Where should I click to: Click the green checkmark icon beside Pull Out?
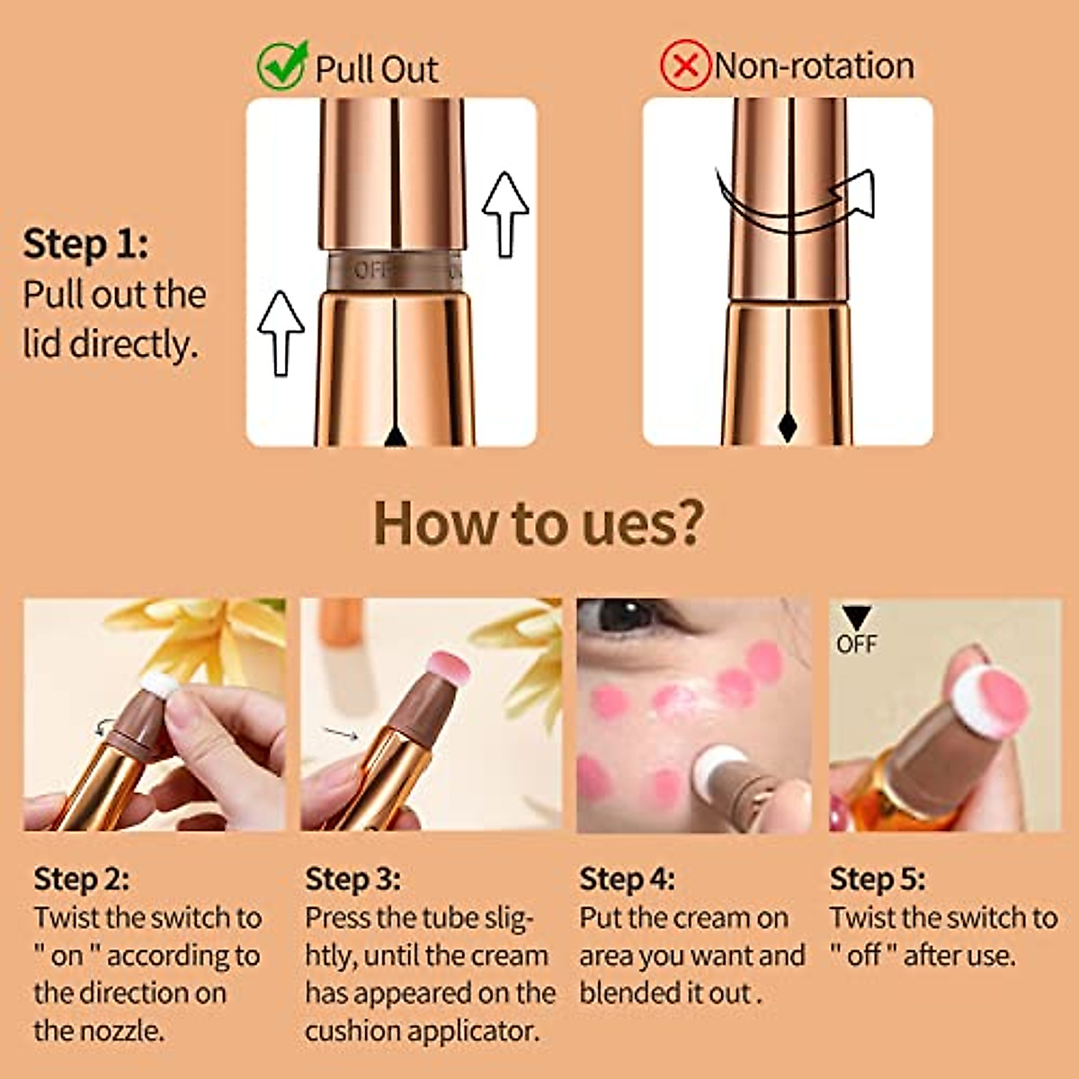[281, 66]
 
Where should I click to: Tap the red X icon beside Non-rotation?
[685, 66]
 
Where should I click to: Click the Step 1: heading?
[85, 245]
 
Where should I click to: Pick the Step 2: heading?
[81, 878]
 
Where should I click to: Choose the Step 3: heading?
[352, 878]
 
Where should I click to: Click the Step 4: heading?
[627, 878]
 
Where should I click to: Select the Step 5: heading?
[877, 878]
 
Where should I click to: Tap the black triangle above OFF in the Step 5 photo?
[856, 618]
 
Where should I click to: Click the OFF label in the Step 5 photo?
[856, 644]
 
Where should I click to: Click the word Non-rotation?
[815, 66]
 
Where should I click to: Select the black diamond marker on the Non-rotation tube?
[787, 427]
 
